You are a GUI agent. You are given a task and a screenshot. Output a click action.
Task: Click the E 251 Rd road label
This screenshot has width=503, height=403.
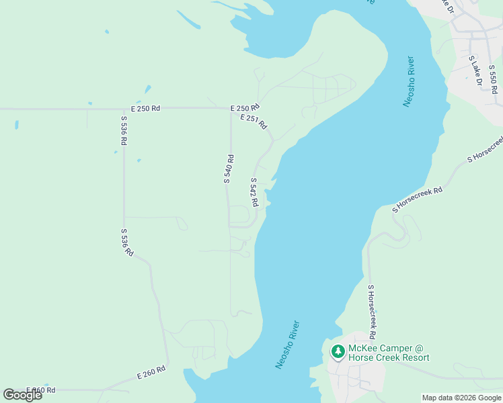(x=254, y=122)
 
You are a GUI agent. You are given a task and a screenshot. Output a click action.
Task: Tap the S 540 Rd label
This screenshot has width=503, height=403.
(x=229, y=169)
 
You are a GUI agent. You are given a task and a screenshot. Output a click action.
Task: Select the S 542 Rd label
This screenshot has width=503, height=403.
(x=254, y=192)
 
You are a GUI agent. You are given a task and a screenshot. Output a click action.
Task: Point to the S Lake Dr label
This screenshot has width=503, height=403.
(x=475, y=71)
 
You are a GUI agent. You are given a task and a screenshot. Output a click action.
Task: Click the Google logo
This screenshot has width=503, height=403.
(x=22, y=394)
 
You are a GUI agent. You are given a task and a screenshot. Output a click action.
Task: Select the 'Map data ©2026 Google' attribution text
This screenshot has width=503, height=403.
(x=461, y=398)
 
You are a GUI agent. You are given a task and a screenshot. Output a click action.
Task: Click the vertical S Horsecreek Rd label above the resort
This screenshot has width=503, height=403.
(x=371, y=311)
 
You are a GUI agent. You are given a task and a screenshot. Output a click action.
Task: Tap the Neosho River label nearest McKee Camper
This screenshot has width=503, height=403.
(x=287, y=345)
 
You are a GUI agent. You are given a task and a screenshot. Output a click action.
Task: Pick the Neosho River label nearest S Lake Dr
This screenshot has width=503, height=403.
(x=408, y=81)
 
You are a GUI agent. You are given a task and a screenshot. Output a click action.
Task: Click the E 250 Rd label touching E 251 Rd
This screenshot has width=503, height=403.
(x=244, y=107)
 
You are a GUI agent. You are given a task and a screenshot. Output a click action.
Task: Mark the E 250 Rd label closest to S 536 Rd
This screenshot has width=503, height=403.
(x=146, y=107)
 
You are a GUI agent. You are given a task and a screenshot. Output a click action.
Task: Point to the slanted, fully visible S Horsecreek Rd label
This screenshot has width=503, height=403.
(x=418, y=199)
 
